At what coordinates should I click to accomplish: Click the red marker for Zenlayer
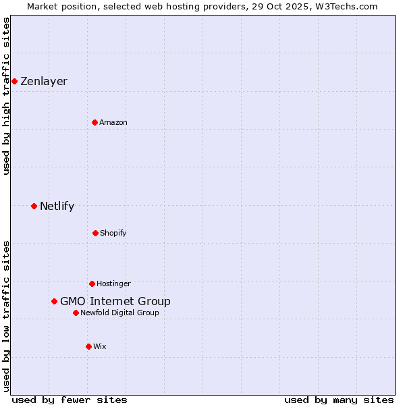[x=14, y=81]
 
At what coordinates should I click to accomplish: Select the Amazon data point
[x=94, y=122]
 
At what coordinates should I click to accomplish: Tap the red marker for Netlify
[x=34, y=206]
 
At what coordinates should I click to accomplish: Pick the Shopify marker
[x=95, y=233]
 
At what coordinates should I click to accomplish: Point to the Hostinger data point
[x=92, y=283]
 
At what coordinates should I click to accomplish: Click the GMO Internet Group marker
[x=54, y=301]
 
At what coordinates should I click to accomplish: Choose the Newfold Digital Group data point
[x=76, y=313]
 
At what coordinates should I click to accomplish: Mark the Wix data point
[x=88, y=346]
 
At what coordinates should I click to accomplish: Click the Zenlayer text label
[x=44, y=81]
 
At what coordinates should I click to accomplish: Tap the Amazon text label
[x=113, y=122]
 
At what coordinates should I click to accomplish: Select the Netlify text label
[x=57, y=206]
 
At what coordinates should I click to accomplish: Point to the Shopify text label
[x=113, y=233]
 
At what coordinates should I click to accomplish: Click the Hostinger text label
[x=113, y=283]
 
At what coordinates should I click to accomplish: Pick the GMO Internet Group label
[x=115, y=301]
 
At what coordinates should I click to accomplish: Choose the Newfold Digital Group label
[x=120, y=313]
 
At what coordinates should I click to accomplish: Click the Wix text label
[x=100, y=346]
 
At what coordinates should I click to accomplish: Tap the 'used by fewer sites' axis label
[x=70, y=400]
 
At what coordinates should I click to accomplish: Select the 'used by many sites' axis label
[x=339, y=400]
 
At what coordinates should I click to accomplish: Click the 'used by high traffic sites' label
[x=7, y=96]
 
